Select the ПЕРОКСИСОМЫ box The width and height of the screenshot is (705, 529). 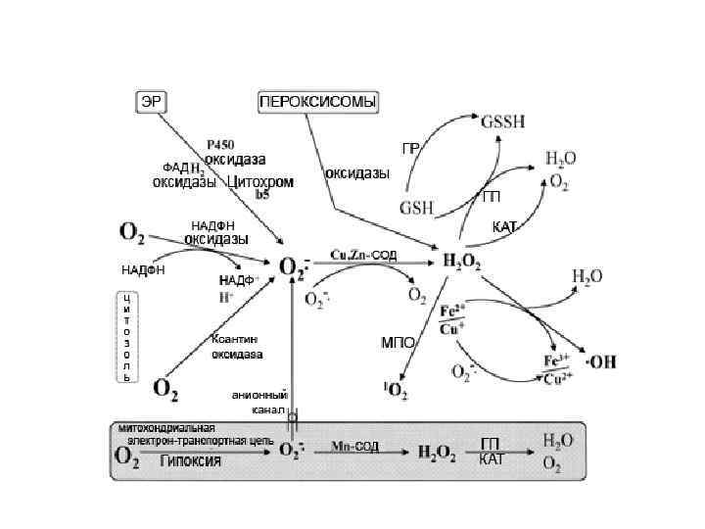(x=318, y=102)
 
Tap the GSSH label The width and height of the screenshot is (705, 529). (x=502, y=122)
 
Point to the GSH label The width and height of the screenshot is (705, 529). (x=418, y=206)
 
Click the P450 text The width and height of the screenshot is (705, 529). (x=220, y=144)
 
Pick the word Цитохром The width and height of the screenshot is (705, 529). (x=260, y=181)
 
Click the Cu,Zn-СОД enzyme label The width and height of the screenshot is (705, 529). (x=364, y=255)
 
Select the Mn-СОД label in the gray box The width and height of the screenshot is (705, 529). (x=354, y=447)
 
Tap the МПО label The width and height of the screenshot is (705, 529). (x=398, y=344)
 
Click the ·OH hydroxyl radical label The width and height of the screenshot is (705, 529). (x=599, y=361)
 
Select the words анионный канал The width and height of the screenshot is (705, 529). (x=259, y=402)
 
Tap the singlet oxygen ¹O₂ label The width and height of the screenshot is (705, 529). (x=396, y=392)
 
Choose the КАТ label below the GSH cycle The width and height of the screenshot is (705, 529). (x=504, y=227)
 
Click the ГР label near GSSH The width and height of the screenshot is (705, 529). (x=411, y=148)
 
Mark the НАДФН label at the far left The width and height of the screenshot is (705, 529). (x=143, y=269)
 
